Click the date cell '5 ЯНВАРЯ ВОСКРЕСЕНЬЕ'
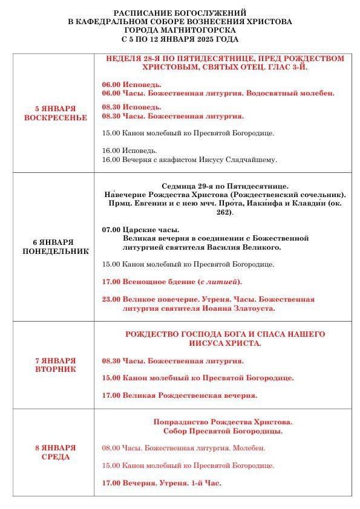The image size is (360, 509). (55, 112)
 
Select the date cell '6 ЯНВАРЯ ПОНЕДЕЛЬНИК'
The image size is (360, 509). (55, 245)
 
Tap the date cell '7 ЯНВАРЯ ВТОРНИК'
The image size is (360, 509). (55, 365)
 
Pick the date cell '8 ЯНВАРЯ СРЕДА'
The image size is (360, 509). (55, 452)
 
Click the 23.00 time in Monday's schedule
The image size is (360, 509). (111, 299)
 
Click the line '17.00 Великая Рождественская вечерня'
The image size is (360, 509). (180, 395)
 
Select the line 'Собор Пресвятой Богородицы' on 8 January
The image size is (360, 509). (223, 431)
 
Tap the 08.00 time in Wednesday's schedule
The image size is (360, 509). (111, 449)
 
